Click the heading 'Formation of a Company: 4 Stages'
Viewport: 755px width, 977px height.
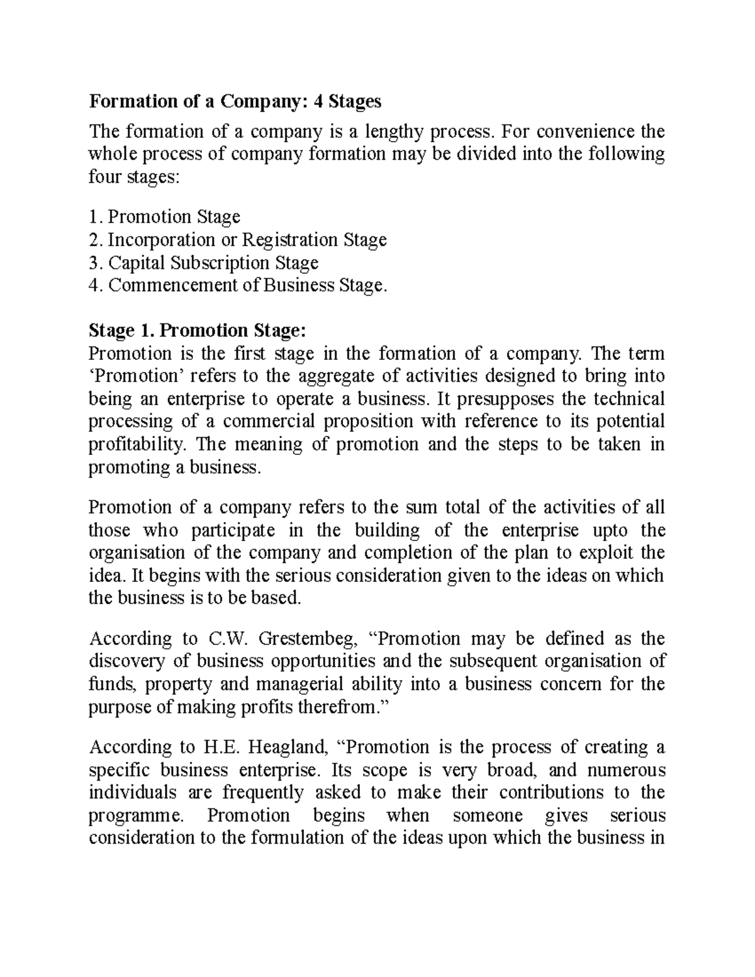(x=235, y=101)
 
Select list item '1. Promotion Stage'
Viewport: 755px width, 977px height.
(x=165, y=217)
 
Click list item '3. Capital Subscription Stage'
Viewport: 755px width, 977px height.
(x=204, y=262)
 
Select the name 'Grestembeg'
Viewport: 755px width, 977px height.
(x=308, y=639)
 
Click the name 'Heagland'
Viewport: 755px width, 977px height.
(x=289, y=747)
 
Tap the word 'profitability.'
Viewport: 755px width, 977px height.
(x=138, y=444)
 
